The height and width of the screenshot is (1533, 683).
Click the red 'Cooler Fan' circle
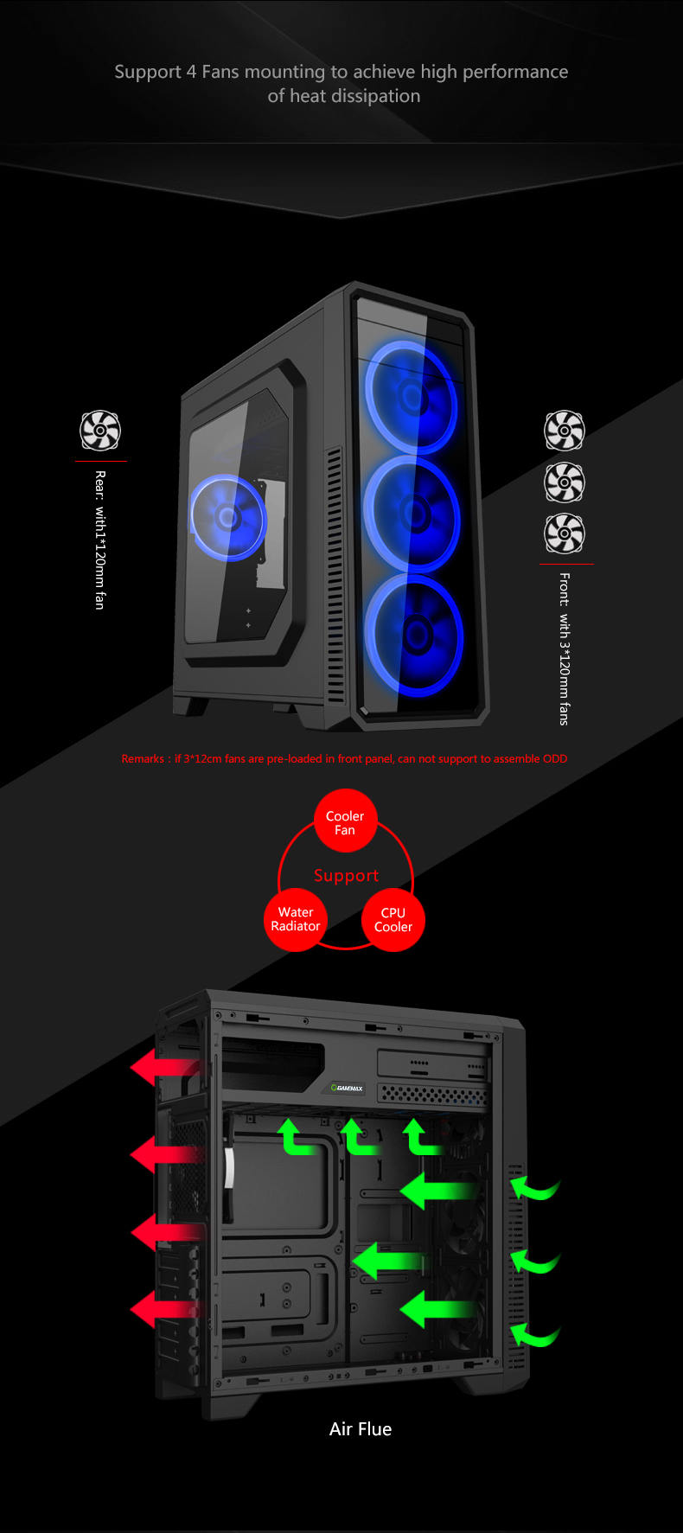pyautogui.click(x=345, y=822)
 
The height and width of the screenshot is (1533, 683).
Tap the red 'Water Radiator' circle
pyautogui.click(x=296, y=918)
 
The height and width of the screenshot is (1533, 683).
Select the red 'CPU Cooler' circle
pyautogui.click(x=393, y=919)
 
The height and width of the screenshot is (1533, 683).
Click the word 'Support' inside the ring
pyautogui.click(x=346, y=875)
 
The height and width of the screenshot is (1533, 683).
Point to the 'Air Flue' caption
pyautogui.click(x=361, y=1429)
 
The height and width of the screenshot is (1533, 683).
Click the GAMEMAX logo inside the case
pyautogui.click(x=348, y=1088)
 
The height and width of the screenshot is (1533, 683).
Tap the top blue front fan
pyautogui.click(x=412, y=397)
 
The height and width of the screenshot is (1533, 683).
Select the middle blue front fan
pyautogui.click(x=412, y=514)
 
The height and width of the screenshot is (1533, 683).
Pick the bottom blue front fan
pyautogui.click(x=414, y=635)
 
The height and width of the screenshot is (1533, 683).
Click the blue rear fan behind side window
pyautogui.click(x=228, y=518)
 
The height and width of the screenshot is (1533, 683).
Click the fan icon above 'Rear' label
pyautogui.click(x=100, y=431)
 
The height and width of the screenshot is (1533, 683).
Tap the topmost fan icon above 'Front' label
pyautogui.click(x=565, y=431)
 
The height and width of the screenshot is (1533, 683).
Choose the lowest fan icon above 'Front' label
pyautogui.click(x=565, y=533)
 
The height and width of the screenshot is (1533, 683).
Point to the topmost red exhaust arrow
pyautogui.click(x=165, y=1068)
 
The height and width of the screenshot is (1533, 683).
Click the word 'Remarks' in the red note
pyautogui.click(x=143, y=758)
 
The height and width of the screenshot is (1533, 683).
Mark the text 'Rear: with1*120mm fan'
pyautogui.click(x=100, y=540)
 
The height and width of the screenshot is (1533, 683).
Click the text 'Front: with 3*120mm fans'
pyautogui.click(x=565, y=648)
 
